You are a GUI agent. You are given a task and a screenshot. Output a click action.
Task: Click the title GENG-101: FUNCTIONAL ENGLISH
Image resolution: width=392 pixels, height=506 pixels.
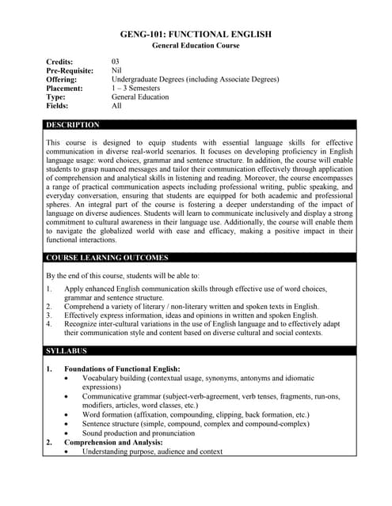tap(196, 34)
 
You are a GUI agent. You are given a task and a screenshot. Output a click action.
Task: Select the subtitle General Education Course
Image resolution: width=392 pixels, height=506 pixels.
tap(196, 46)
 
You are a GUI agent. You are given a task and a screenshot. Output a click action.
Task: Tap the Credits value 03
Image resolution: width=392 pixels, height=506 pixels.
tap(116, 62)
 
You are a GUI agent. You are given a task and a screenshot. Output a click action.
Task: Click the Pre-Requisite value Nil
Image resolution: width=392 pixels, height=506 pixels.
tap(116, 70)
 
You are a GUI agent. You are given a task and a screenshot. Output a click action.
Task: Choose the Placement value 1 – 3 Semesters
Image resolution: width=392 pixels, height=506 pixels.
tap(139, 88)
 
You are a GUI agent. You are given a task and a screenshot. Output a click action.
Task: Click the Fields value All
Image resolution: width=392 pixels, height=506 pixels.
tap(116, 105)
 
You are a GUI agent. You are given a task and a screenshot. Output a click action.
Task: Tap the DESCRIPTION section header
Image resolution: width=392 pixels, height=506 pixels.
tap(73, 125)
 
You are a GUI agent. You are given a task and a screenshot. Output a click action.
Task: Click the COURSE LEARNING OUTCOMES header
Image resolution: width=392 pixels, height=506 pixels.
tap(107, 258)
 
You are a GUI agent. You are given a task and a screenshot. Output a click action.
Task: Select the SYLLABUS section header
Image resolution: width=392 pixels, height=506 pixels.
tap(67, 350)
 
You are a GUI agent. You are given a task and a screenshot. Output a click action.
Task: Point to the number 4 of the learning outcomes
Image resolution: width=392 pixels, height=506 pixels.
tap(48, 323)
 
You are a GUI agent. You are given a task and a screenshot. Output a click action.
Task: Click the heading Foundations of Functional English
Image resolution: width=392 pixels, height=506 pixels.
tap(122, 369)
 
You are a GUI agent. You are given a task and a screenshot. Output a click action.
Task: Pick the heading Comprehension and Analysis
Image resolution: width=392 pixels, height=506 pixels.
tap(119, 443)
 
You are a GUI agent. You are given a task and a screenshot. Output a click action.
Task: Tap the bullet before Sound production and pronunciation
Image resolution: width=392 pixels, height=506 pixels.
tap(66, 434)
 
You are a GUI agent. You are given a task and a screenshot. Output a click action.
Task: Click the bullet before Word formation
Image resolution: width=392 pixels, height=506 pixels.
tap(66, 415)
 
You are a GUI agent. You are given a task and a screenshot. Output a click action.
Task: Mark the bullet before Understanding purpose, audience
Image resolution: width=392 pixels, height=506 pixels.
tap(66, 452)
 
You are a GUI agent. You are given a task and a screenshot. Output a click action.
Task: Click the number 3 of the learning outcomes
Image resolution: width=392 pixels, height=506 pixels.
tap(48, 315)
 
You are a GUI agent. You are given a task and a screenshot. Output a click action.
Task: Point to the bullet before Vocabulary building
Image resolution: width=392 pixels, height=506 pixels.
tap(66, 379)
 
